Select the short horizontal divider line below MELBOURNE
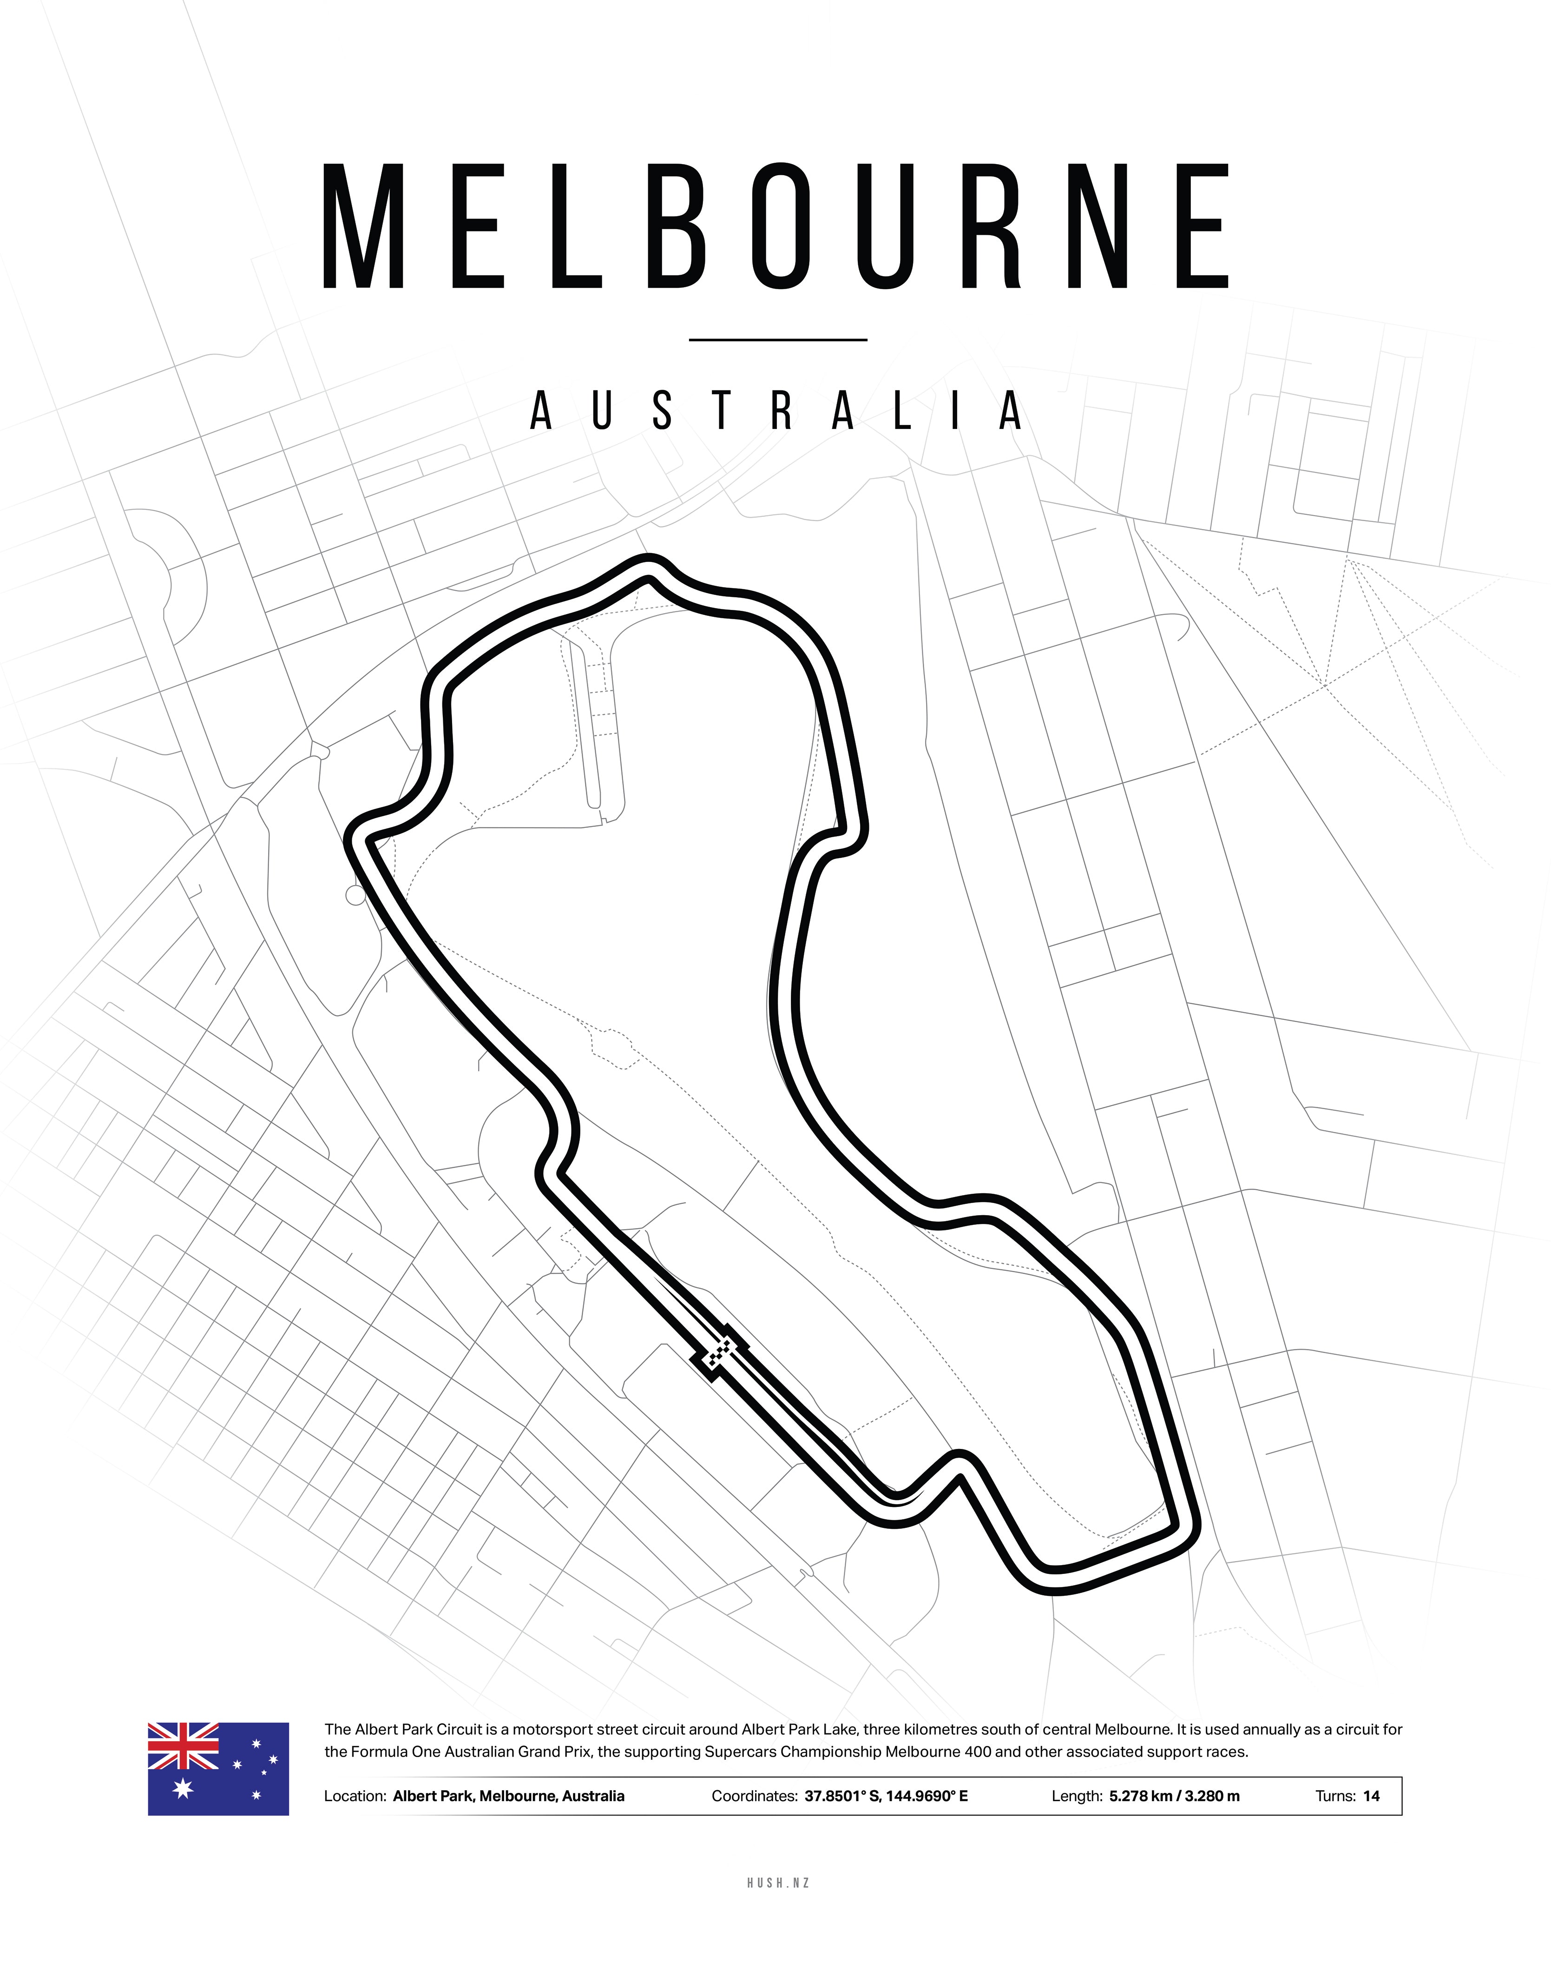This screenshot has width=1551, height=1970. click(778, 340)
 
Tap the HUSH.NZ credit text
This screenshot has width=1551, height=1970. click(778, 1883)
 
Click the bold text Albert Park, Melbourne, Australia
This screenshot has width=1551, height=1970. click(508, 1796)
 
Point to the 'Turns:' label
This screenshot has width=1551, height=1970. click(1335, 1796)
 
